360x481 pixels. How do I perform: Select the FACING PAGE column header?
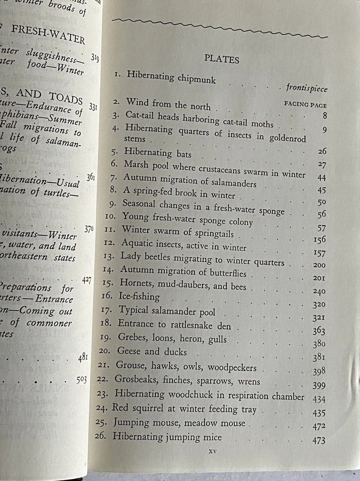(x=305, y=105)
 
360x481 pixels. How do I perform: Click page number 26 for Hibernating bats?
(x=322, y=151)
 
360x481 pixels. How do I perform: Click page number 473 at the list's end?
(x=318, y=440)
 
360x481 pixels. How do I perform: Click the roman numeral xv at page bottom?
(x=213, y=450)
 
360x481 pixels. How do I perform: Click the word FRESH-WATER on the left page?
(x=48, y=34)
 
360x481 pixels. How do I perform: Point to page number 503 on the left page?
(x=81, y=380)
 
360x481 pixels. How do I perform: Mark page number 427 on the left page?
(x=87, y=280)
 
